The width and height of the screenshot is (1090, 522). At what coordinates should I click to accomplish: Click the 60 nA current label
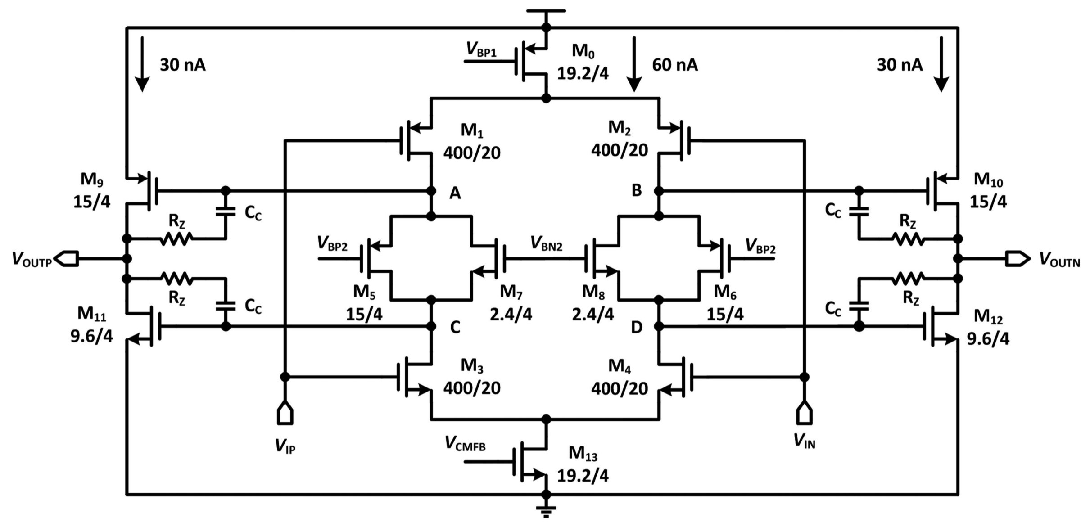point(674,65)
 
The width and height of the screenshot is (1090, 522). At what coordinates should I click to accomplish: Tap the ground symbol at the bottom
point(546,510)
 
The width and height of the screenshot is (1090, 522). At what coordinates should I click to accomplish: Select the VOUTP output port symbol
point(66,259)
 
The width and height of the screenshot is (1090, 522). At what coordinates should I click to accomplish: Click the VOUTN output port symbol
point(1018,259)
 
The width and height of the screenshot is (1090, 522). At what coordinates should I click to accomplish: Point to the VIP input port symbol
point(285,413)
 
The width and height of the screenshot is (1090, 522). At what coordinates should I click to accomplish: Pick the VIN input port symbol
point(804,413)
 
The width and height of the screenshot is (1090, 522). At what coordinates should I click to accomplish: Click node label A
point(455,193)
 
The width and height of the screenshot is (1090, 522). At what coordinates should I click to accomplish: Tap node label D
point(636,327)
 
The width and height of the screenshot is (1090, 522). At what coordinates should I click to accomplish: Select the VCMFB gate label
point(465,443)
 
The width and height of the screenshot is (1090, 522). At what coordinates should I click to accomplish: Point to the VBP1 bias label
point(481,49)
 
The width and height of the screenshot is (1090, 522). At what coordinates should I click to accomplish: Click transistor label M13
point(583,453)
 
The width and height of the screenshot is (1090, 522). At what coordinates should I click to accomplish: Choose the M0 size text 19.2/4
point(583,73)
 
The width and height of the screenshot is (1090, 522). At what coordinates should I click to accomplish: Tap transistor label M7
point(511,292)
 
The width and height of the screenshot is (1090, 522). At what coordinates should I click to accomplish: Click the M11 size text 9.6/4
point(91,336)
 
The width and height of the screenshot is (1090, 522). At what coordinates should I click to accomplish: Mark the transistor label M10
point(988,180)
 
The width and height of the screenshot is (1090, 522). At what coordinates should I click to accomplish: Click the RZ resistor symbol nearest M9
point(176,238)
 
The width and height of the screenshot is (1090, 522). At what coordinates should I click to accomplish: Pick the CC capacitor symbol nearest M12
point(859,306)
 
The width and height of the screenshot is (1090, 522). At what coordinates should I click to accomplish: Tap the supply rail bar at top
point(546,11)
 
